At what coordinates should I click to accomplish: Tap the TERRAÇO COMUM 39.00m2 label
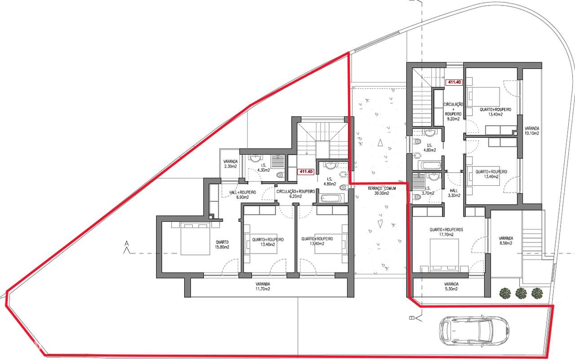coord(382,191)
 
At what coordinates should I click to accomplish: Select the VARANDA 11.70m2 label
coord(263,286)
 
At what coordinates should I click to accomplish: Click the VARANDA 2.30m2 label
coord(230,164)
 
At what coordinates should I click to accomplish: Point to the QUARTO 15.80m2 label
coord(222,245)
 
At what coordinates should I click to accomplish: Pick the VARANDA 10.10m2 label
coord(532,131)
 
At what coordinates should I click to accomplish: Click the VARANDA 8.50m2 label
coord(506,241)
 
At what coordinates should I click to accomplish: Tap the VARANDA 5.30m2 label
coord(451,286)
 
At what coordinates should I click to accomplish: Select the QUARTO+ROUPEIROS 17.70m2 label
coord(446,232)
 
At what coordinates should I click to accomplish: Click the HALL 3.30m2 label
coord(454,193)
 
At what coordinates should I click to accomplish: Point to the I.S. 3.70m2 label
coord(429,191)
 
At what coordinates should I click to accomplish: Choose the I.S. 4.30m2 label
coord(263,168)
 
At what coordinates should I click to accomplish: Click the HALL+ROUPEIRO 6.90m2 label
coord(243,195)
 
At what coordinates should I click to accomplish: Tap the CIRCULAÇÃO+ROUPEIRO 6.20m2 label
coord(296,194)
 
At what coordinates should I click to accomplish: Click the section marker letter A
coord(126,242)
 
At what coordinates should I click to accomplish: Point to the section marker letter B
coord(411,318)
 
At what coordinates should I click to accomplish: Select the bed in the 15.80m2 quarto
coord(195,238)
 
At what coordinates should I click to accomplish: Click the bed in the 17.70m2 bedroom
coord(444,255)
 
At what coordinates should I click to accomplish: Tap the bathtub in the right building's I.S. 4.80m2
coord(430,165)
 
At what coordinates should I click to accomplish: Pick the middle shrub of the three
coord(521,293)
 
